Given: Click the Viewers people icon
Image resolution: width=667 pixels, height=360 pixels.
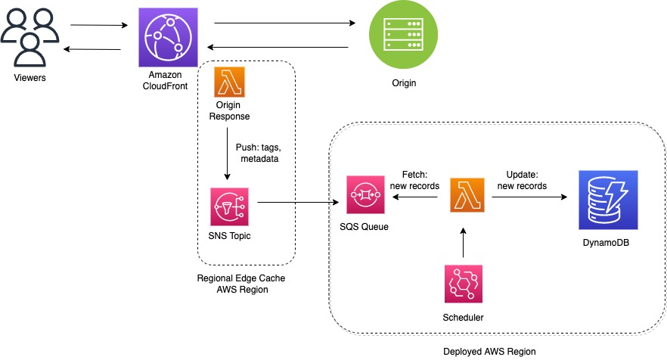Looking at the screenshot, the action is pyautogui.click(x=29, y=38).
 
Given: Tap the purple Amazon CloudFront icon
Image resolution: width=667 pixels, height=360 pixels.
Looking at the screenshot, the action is pyautogui.click(x=168, y=38).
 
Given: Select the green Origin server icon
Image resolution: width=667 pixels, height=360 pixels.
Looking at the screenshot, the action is pyautogui.click(x=403, y=35).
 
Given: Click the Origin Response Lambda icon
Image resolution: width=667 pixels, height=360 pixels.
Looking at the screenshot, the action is pyautogui.click(x=229, y=82).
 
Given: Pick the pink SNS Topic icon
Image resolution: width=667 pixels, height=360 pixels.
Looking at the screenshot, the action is pyautogui.click(x=229, y=206).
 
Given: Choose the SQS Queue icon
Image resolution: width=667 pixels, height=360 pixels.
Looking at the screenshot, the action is pyautogui.click(x=365, y=194).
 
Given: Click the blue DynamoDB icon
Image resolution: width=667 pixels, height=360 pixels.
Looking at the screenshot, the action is pyautogui.click(x=608, y=200).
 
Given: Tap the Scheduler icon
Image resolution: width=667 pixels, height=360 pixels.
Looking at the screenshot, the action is pyautogui.click(x=464, y=284).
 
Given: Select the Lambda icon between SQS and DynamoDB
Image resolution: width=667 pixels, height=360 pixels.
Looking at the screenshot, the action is pyautogui.click(x=467, y=195).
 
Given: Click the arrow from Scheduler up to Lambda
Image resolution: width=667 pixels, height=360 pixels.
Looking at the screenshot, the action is pyautogui.click(x=464, y=243).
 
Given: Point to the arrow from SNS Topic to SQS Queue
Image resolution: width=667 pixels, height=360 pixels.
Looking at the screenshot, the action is pyautogui.click(x=298, y=202).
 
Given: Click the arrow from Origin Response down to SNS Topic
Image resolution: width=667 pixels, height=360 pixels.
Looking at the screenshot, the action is pyautogui.click(x=227, y=154).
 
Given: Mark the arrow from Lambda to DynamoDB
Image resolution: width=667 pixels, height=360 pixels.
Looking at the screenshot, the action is pyautogui.click(x=529, y=197).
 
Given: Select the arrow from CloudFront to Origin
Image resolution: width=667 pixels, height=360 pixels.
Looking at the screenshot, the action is pyautogui.click(x=284, y=23).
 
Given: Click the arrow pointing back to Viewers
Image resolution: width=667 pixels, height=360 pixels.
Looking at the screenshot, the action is pyautogui.click(x=92, y=49).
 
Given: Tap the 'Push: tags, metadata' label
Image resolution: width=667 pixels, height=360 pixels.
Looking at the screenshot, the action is pyautogui.click(x=259, y=153).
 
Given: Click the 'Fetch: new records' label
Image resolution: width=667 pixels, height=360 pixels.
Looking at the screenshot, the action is pyautogui.click(x=414, y=180).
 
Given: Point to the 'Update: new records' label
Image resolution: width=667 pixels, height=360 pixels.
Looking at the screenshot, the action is pyautogui.click(x=522, y=180).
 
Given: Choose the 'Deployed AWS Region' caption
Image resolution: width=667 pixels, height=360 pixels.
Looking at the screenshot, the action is pyautogui.click(x=489, y=352).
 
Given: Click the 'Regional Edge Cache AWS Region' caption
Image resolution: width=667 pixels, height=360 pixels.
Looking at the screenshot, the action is pyautogui.click(x=241, y=284).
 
